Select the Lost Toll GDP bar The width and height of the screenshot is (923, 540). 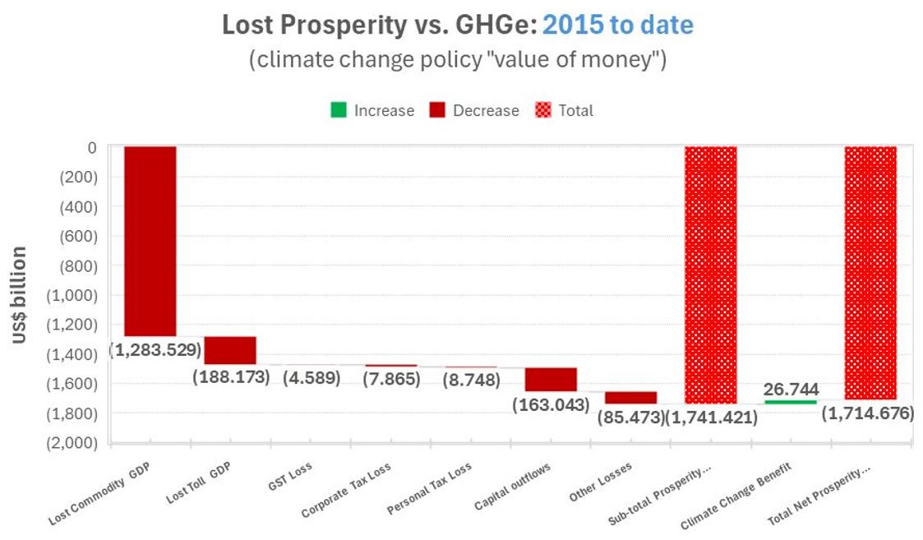tap(229, 350)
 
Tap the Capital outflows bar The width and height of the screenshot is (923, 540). tap(550, 380)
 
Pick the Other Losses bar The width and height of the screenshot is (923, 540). tap(630, 398)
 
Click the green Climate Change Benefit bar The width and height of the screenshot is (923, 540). tap(791, 401)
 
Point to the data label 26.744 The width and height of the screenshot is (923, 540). tap(791, 389)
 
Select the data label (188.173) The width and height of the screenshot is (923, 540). tap(231, 377)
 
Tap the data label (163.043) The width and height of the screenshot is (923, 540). tap(551, 404)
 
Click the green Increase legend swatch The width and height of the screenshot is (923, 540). tap(337, 110)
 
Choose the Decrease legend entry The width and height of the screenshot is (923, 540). tap(474, 110)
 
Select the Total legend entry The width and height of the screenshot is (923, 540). tap(565, 110)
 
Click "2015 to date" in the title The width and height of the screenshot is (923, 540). tap(617, 25)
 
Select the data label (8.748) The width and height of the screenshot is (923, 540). tap(470, 379)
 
